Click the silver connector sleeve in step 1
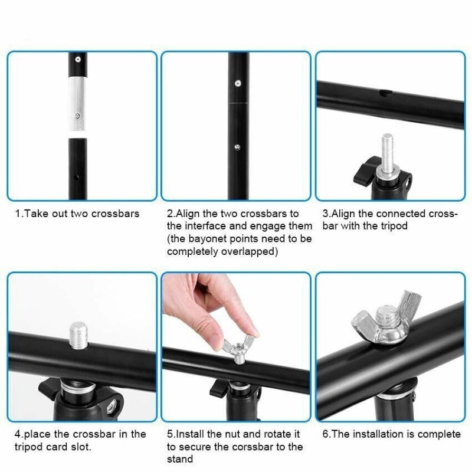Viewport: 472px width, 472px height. [x=78, y=104]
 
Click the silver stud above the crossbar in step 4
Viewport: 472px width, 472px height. [x=78, y=336]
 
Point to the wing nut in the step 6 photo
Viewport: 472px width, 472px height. [x=386, y=319]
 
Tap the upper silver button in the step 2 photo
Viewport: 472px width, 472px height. [x=238, y=83]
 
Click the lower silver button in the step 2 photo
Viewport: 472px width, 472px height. [x=237, y=147]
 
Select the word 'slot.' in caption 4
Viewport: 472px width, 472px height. [x=81, y=447]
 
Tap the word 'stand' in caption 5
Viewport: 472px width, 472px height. [x=180, y=460]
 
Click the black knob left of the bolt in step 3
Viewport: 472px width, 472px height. [x=365, y=172]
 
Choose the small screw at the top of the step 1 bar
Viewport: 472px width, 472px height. [x=78, y=60]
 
